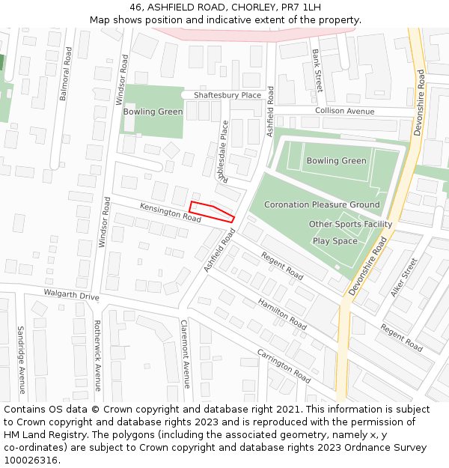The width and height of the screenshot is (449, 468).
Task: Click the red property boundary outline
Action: [212, 211]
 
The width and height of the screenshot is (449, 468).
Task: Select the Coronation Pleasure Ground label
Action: [322, 204]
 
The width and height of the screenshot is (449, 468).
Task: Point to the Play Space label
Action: [335, 241]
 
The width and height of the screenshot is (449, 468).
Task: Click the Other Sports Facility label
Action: [350, 224]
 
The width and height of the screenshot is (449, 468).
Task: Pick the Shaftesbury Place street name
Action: [227, 95]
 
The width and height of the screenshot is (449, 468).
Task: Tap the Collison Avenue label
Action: [344, 111]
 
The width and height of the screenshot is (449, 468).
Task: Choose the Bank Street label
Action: [317, 70]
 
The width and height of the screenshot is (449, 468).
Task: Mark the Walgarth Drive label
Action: [71, 295]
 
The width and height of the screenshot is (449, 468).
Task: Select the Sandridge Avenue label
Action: [21, 359]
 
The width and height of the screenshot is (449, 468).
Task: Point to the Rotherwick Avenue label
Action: [97, 356]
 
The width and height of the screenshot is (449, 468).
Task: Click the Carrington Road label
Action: [284, 366]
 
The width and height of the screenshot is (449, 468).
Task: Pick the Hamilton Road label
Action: [282, 314]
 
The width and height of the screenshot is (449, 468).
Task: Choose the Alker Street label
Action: [404, 277]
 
